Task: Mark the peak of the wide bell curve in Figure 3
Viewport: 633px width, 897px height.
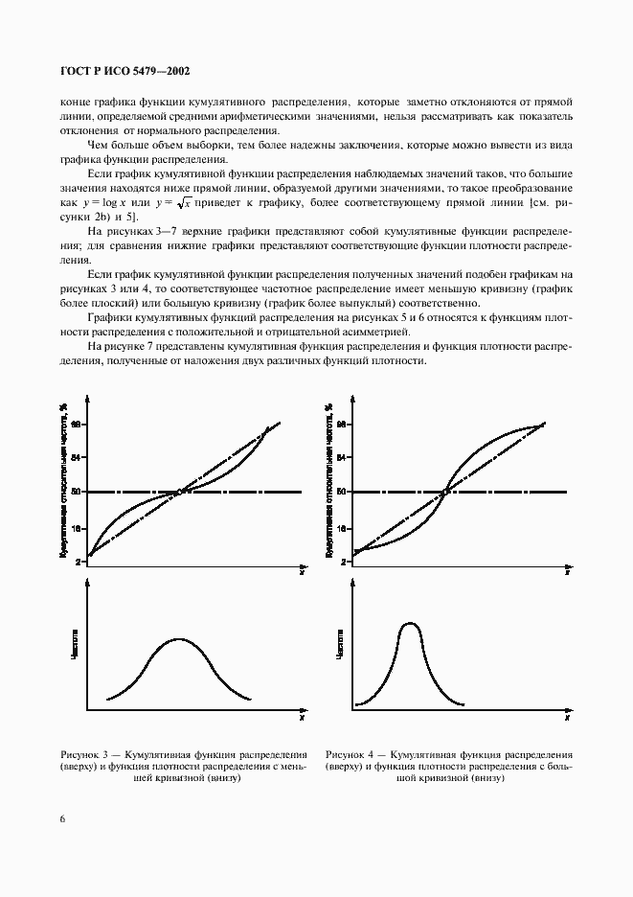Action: pyautogui.click(x=179, y=638)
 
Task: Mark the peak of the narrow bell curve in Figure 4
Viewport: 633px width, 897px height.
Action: pyautogui.click(x=411, y=623)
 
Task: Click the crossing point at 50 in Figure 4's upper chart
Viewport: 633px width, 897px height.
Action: pyautogui.click(x=446, y=493)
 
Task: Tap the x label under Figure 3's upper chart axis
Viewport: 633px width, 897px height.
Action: pyautogui.click(x=302, y=572)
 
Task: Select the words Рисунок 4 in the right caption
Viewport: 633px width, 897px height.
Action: pyautogui.click(x=350, y=754)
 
